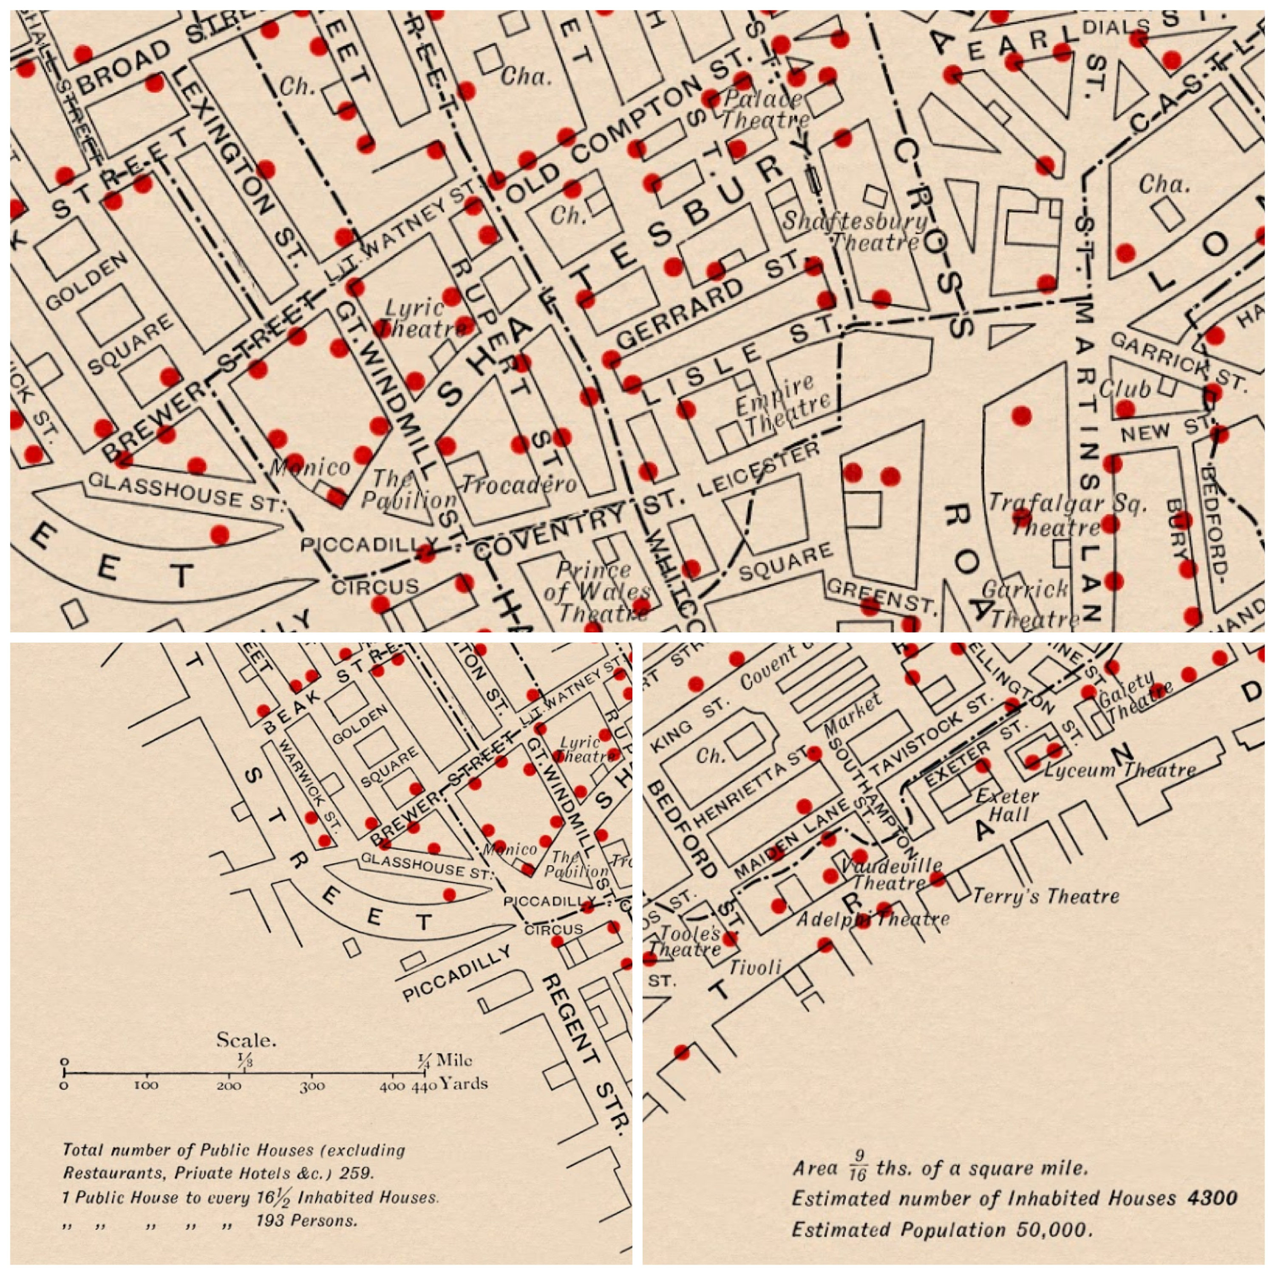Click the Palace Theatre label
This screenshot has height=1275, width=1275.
(x=764, y=110)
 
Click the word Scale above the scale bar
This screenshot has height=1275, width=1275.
(x=246, y=1040)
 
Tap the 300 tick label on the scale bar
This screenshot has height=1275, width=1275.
(x=312, y=1086)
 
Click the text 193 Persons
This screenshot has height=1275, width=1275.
(x=306, y=1220)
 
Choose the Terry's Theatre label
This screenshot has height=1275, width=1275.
(x=1045, y=896)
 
